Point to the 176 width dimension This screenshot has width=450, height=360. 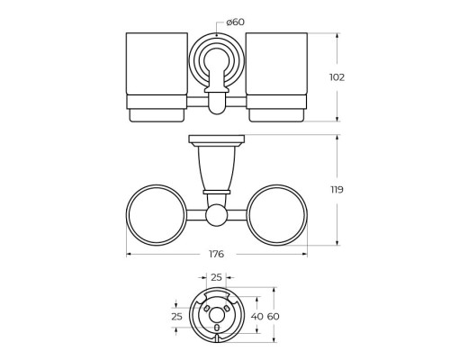[x=217, y=255]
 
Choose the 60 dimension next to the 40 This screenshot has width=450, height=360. [x=274, y=316]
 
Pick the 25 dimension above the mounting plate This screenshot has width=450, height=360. [x=215, y=279]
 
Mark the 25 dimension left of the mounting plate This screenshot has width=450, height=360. [x=176, y=316]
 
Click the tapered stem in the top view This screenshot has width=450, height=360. [x=217, y=171]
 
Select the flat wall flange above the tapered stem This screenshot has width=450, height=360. [x=217, y=142]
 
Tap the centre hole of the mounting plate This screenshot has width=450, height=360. [x=216, y=316]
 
